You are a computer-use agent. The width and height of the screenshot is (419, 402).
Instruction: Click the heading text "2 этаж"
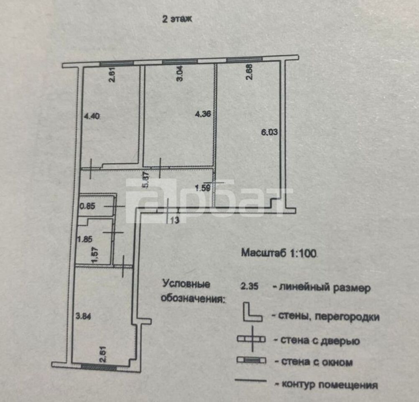tap(177, 19)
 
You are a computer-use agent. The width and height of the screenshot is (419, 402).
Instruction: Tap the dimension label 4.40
tap(92, 116)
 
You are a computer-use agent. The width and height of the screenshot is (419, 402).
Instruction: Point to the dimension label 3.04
tap(180, 73)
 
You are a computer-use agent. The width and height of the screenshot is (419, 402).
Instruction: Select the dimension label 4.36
tap(203, 114)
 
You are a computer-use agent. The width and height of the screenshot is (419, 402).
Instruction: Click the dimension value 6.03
tap(269, 132)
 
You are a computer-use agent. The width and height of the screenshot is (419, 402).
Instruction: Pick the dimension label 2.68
tap(249, 72)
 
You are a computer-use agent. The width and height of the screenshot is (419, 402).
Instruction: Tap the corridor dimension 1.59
tap(203, 188)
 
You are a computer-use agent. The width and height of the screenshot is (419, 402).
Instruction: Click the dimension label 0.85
tap(88, 206)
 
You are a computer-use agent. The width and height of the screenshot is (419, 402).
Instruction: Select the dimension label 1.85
tap(85, 239)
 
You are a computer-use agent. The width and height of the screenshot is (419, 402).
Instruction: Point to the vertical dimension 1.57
tap(95, 255)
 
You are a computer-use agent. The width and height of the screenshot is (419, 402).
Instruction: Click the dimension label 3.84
tap(83, 316)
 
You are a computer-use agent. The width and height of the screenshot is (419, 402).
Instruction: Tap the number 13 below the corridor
tap(174, 220)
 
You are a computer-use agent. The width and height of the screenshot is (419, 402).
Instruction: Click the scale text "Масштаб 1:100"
tap(279, 253)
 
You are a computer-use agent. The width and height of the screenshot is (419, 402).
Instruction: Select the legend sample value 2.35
tap(249, 286)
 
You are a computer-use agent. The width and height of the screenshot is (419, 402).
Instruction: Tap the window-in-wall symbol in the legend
tap(251, 360)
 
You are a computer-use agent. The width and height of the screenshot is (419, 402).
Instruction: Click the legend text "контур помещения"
tap(330, 385)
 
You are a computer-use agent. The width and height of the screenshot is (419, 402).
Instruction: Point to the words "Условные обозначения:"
tap(193, 291)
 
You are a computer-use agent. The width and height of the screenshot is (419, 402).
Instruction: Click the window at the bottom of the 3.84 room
tap(99, 368)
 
